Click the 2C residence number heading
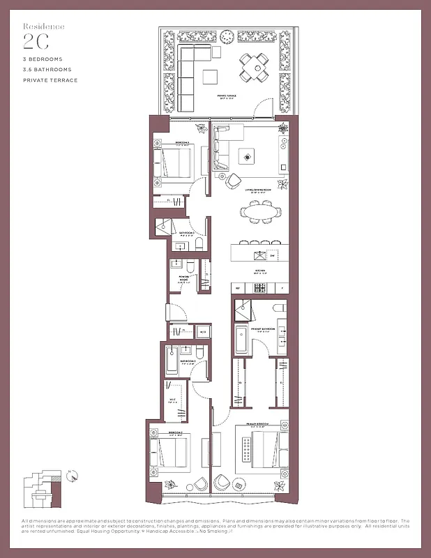tap(34, 39)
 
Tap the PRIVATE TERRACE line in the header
tap(50, 80)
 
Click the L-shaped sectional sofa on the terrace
tap(192, 70)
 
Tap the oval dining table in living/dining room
tap(259, 211)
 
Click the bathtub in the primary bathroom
tap(241, 340)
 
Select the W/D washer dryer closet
tap(202, 333)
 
